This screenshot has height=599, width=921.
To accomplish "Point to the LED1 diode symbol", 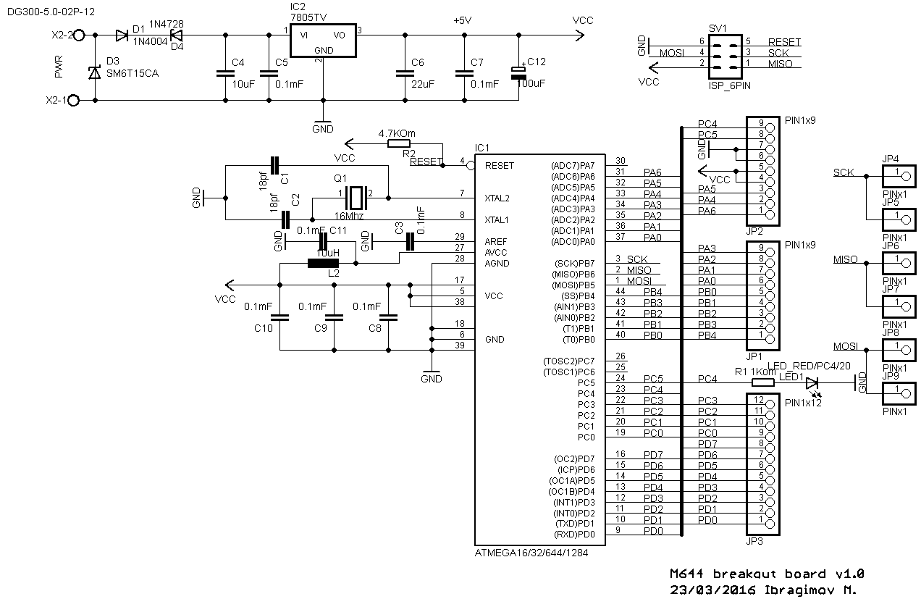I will click(812, 382).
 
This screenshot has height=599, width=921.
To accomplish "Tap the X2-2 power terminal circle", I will click(78, 35).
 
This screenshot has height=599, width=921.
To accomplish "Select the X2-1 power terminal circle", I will click(73, 101).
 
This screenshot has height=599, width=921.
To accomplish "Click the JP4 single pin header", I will click(896, 173).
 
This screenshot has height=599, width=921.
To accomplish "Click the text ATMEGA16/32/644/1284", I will click(531, 553).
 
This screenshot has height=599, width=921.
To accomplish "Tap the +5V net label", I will click(463, 21).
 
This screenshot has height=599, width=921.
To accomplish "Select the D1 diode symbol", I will click(122, 35).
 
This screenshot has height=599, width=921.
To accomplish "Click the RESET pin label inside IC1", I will click(499, 166).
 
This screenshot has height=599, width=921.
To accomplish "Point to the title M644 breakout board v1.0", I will click(767, 573).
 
